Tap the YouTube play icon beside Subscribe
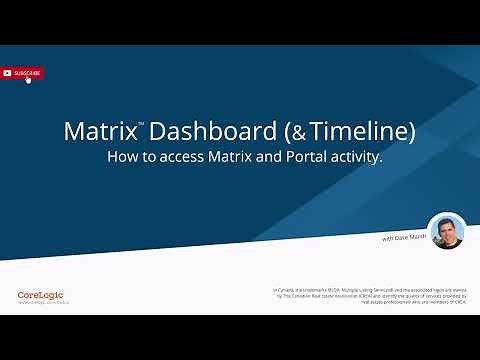(7, 72)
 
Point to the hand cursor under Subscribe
(28, 79)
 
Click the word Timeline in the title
(359, 131)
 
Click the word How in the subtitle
(122, 157)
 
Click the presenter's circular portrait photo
(446, 231)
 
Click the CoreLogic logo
(41, 294)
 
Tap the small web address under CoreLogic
(41, 303)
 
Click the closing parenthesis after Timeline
(410, 131)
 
